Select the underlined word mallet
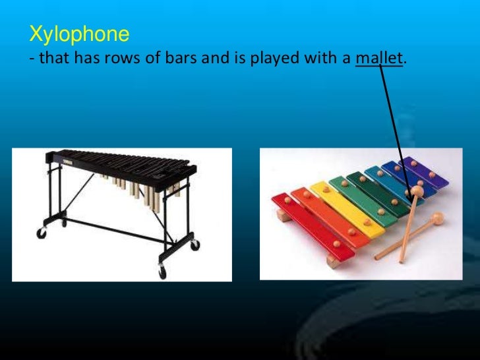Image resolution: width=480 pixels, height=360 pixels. tap(378, 59)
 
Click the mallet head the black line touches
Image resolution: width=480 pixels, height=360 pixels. tap(417, 193)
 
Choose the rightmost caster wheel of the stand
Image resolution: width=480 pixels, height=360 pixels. tap(195, 244)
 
